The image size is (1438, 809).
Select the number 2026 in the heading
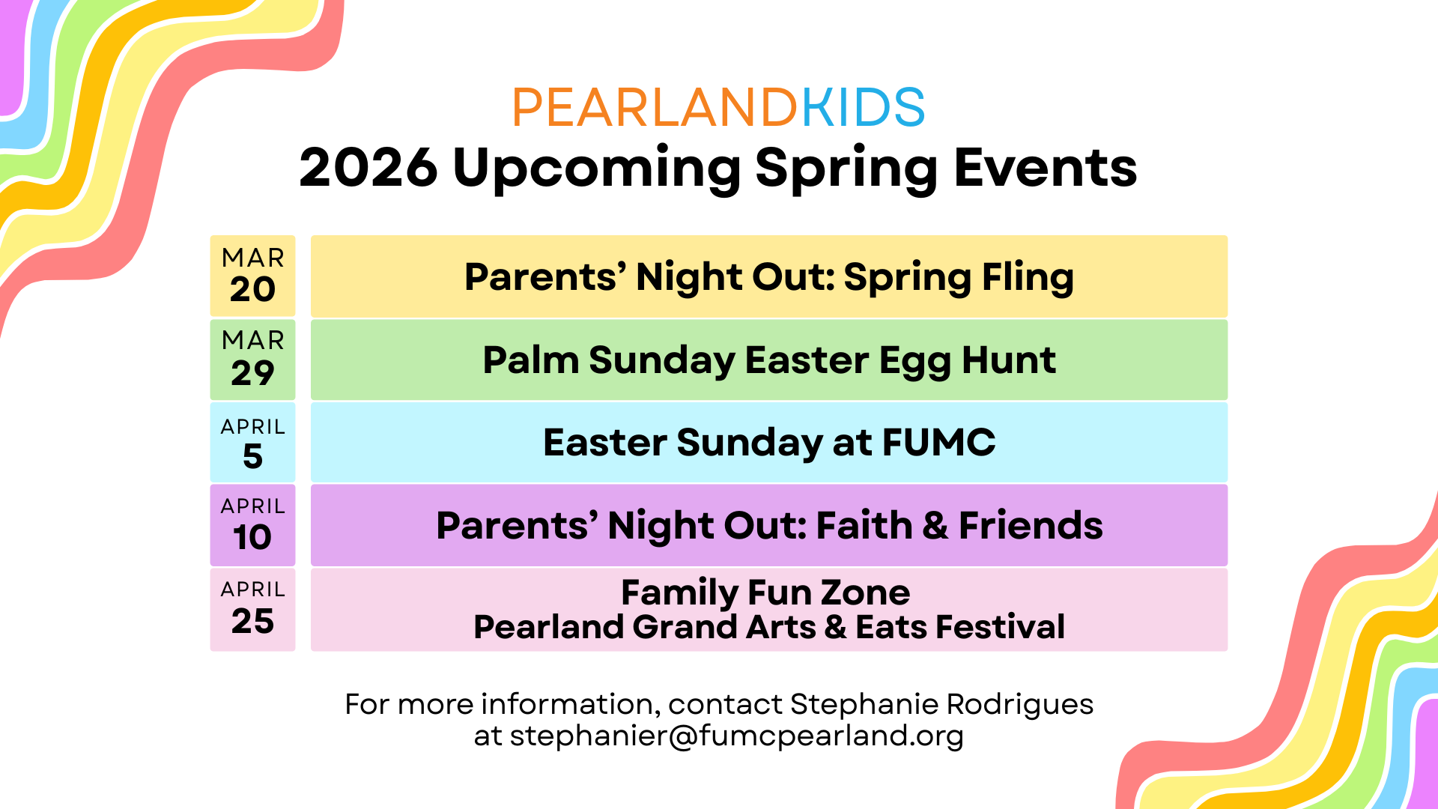point(368,167)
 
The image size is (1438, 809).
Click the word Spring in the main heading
point(846,170)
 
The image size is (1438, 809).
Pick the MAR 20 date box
point(252,276)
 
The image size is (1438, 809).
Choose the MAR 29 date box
point(252,360)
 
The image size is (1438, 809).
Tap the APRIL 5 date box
point(252,442)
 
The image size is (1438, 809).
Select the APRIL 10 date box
point(252,525)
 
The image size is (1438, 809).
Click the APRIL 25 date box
point(252,609)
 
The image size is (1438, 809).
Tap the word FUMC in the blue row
point(939,442)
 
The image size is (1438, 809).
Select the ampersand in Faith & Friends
point(935,525)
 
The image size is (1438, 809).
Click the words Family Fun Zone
point(765,593)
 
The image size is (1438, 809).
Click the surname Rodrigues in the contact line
point(1020,705)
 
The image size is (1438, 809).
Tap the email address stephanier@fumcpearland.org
point(737,736)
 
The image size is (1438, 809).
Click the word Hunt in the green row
point(1009,360)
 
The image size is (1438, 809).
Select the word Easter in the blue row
point(605,442)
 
